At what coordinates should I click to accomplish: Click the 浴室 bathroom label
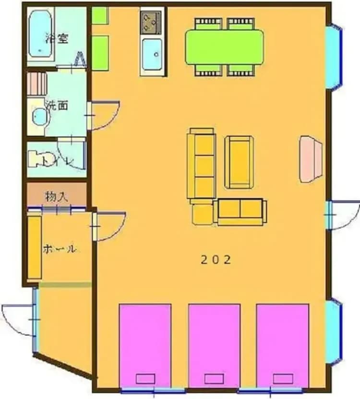pyautogui.click(x=57, y=38)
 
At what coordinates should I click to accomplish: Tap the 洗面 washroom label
pyautogui.click(x=57, y=105)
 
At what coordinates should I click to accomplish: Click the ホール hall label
pyautogui.click(x=60, y=249)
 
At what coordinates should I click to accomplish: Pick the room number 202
pyautogui.click(x=216, y=260)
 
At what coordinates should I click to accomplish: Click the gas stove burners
pyautogui.click(x=152, y=20)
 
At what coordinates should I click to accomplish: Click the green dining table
pyautogui.click(x=224, y=46)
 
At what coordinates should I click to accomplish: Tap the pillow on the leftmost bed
pyautogui.click(x=145, y=378)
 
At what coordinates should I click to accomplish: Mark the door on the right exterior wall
pyautogui.click(x=342, y=215)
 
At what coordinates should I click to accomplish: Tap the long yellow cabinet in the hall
pyautogui.click(x=34, y=247)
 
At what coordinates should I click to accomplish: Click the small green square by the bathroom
pyautogui.click(x=100, y=16)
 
